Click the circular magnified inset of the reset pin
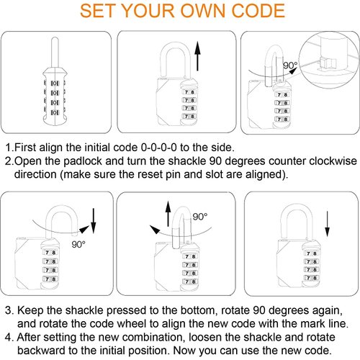pos(328,55)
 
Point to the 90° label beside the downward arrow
pos(78,243)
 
